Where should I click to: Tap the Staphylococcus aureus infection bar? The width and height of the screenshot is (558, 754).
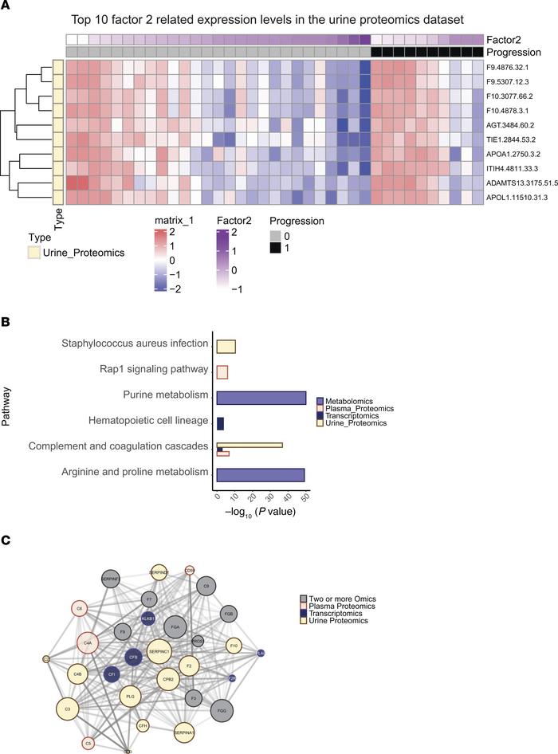pos(226,344)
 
